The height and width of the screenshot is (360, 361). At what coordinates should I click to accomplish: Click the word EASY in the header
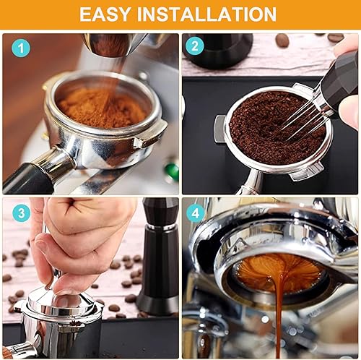tap(105, 14)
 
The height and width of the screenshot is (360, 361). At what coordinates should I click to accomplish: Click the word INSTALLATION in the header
tap(206, 14)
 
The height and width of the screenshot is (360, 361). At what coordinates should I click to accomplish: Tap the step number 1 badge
tap(21, 48)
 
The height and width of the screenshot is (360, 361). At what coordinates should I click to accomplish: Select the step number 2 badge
tap(195, 46)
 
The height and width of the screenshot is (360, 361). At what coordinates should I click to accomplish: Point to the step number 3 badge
tap(21, 213)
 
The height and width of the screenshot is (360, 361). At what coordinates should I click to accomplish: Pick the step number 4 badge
tap(196, 213)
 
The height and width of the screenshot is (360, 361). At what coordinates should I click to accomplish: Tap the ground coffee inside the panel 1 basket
tap(103, 107)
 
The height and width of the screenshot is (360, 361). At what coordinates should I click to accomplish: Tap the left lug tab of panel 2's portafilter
tap(219, 129)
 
